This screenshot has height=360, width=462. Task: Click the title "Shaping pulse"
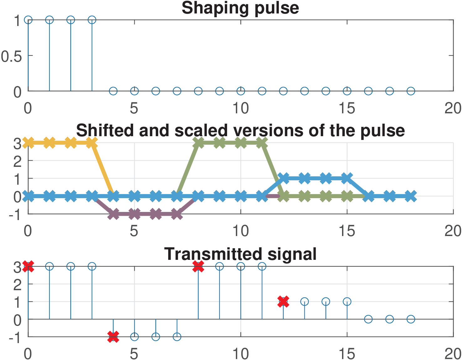tap(240, 8)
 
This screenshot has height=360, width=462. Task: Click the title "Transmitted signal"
tap(240, 254)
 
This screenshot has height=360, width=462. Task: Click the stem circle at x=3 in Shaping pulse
tap(92, 20)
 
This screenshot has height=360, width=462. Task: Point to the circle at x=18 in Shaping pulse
tap(411, 91)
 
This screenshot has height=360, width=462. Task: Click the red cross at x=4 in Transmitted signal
tap(113, 337)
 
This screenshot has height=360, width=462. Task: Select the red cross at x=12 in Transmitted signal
tap(283, 301)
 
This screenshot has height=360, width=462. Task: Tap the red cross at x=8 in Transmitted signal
tap(198, 266)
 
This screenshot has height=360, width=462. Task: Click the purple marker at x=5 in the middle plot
tap(134, 214)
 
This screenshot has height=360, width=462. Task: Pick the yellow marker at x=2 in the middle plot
tap(71, 143)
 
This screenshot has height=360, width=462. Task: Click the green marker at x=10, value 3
tap(241, 143)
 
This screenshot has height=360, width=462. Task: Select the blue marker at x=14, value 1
tap(326, 178)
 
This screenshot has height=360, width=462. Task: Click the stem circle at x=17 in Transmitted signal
tap(389, 319)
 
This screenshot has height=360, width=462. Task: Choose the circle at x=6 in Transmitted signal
tap(156, 337)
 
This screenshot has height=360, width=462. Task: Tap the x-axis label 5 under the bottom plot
tap(134, 354)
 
